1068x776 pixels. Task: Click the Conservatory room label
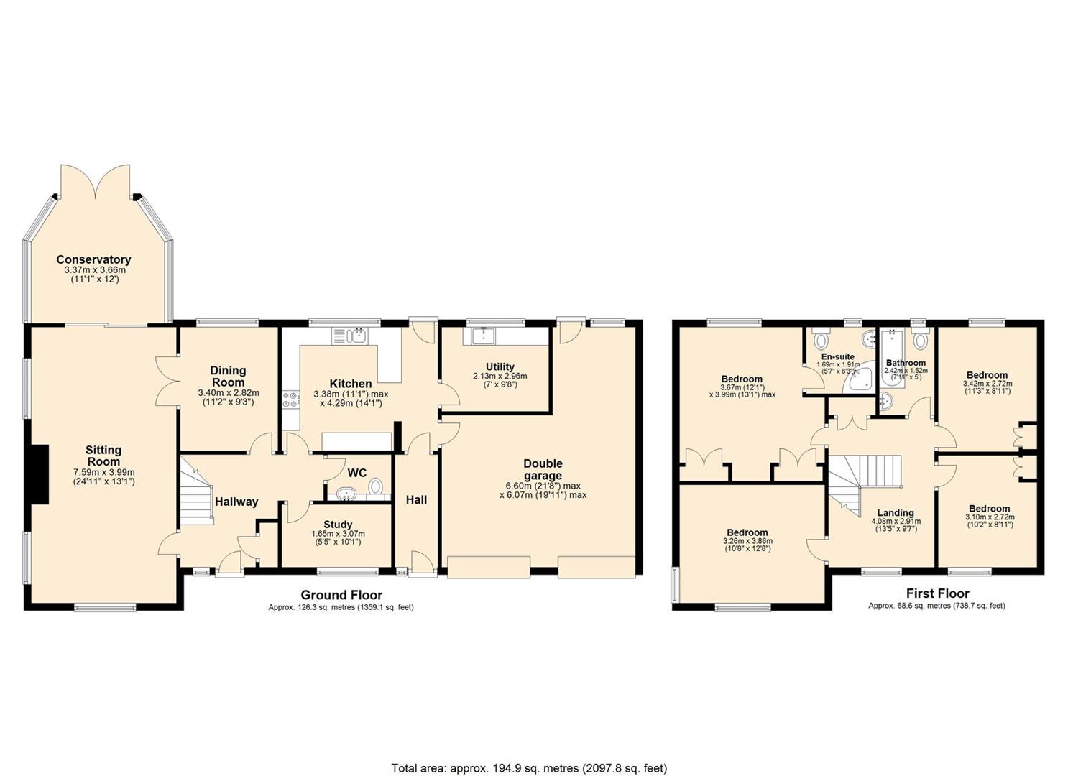click(93, 260)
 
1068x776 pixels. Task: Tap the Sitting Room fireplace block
click(39, 474)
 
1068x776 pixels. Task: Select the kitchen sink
click(349, 336)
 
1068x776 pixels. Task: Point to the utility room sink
click(484, 336)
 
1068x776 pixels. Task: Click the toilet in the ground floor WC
click(376, 486)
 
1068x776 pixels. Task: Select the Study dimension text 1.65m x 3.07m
click(338, 534)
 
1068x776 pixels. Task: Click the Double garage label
click(543, 469)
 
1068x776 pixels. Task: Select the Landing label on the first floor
click(896, 513)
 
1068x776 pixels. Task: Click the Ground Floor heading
click(341, 595)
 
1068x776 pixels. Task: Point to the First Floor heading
click(937, 593)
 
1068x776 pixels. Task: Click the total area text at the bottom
click(529, 742)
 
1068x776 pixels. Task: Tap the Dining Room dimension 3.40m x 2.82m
click(229, 393)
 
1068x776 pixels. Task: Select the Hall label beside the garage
click(416, 500)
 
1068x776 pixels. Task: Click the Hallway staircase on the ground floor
click(196, 491)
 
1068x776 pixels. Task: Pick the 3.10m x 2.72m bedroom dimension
click(990, 517)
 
